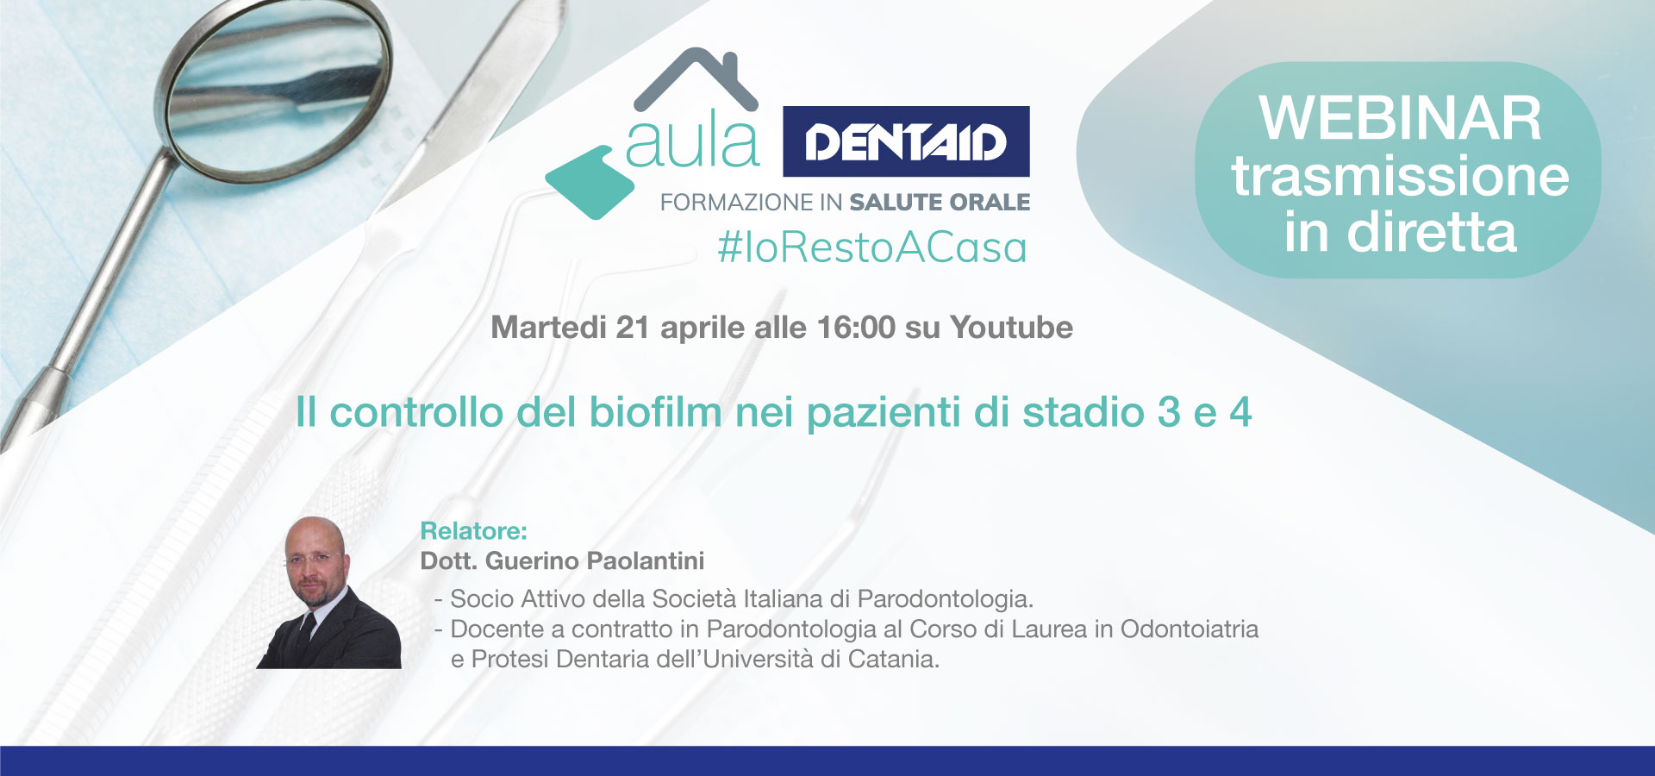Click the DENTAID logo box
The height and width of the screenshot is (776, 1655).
pyautogui.click(x=906, y=141)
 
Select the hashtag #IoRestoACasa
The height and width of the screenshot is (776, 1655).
pyautogui.click(x=872, y=247)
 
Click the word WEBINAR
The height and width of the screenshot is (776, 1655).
pyautogui.click(x=1400, y=118)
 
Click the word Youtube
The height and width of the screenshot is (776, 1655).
pyautogui.click(x=1011, y=328)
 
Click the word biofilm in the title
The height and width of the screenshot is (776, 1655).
pyautogui.click(x=655, y=411)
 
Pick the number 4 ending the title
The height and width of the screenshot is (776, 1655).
pyautogui.click(x=1240, y=412)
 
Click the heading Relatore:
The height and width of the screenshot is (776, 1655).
pyautogui.click(x=473, y=531)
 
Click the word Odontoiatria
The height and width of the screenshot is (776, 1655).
pyautogui.click(x=1190, y=629)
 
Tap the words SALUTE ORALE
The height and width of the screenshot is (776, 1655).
pyautogui.click(x=940, y=203)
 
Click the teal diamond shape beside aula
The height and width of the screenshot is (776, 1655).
pyautogui.click(x=590, y=182)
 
